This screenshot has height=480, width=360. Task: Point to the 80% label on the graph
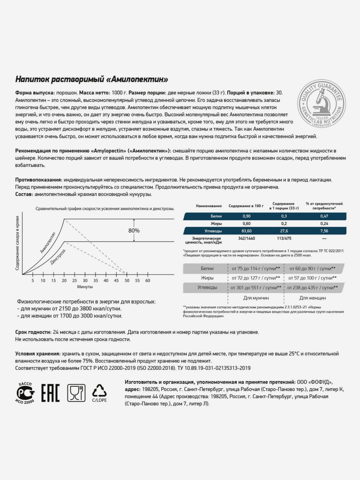(134, 231)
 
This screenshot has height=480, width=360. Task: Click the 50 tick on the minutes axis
(126, 280)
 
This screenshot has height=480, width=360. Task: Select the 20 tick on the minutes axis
(64, 280)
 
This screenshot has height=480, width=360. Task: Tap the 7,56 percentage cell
(323, 231)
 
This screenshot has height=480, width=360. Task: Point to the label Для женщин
(311, 298)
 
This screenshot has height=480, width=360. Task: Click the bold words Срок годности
(30, 332)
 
